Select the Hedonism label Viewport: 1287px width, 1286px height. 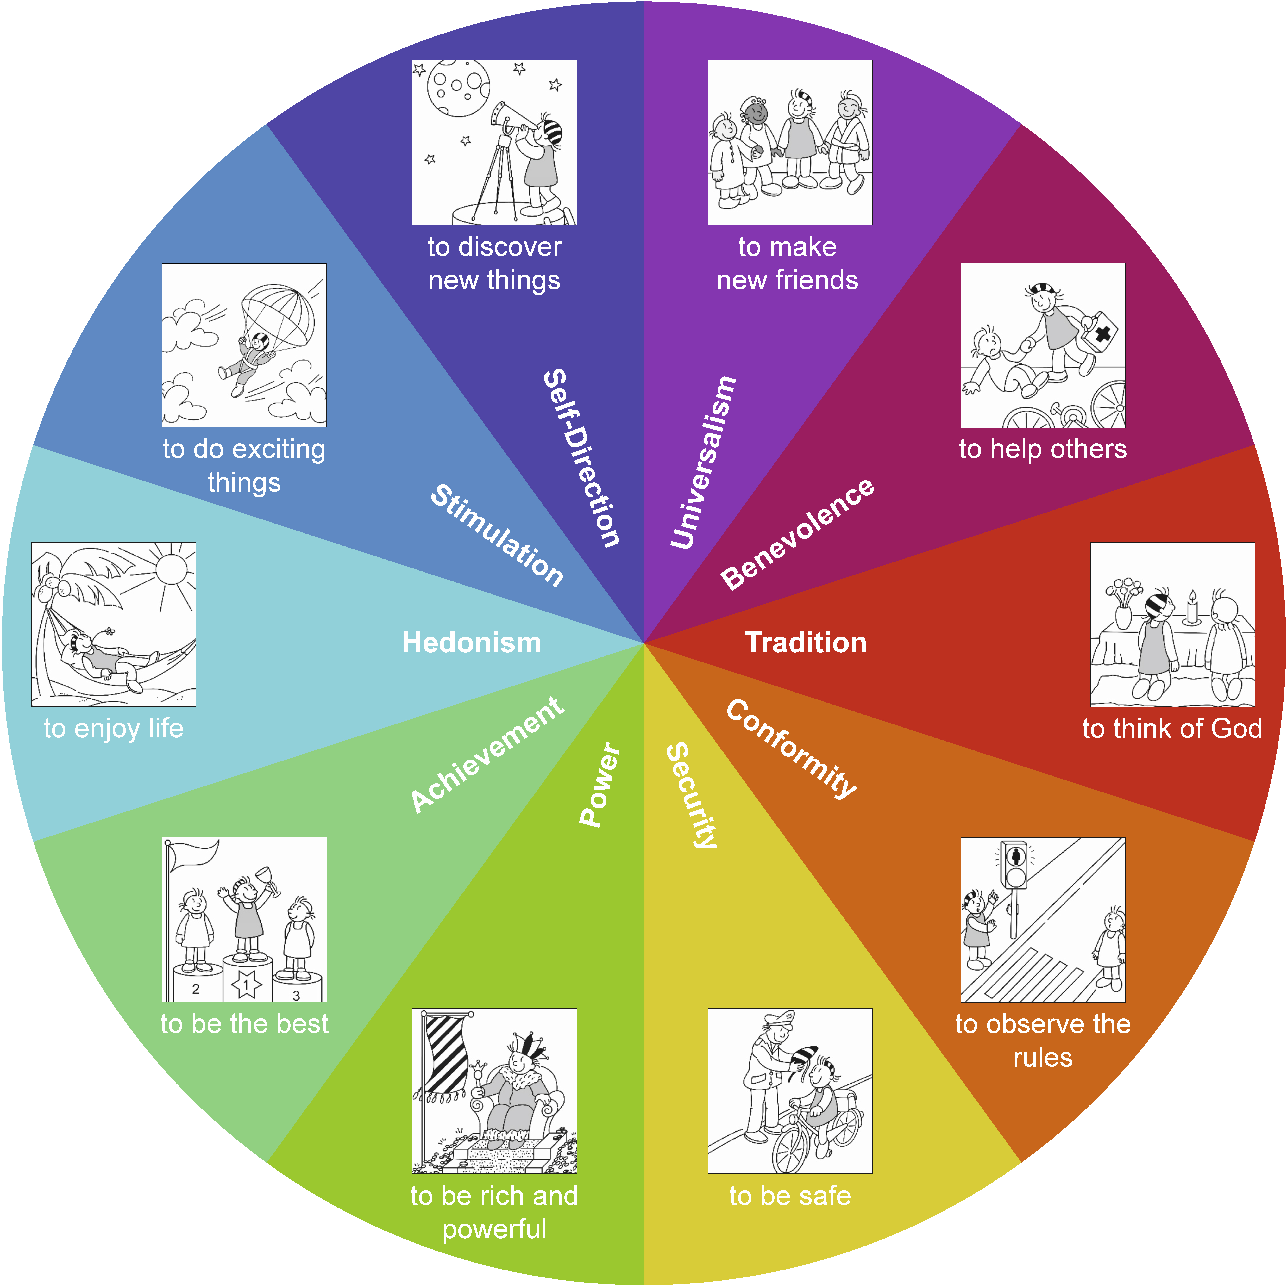pyautogui.click(x=472, y=643)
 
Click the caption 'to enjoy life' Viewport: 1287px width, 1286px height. pyautogui.click(x=113, y=728)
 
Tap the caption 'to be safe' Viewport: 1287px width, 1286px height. pyautogui.click(x=790, y=1196)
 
